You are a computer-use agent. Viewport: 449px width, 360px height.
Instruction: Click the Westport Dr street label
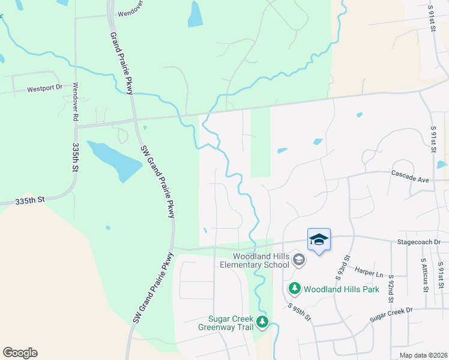tap(45, 88)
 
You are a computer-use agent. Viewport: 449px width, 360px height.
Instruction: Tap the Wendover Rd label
tap(76, 103)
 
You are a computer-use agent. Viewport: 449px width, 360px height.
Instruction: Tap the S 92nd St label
tap(391, 287)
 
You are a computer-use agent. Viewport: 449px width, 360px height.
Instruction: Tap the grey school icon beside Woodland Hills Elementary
tap(300, 260)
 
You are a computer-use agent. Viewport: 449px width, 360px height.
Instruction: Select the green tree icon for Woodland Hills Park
tap(295, 289)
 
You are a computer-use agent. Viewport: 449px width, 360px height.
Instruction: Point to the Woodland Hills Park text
tap(342, 289)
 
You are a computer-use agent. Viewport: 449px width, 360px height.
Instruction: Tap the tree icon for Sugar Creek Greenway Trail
tap(262, 323)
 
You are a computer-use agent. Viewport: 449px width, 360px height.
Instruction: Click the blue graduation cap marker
tap(319, 240)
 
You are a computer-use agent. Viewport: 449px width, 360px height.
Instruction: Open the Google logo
tap(20, 353)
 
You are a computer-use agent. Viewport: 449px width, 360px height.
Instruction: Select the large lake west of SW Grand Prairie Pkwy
tap(114, 160)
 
